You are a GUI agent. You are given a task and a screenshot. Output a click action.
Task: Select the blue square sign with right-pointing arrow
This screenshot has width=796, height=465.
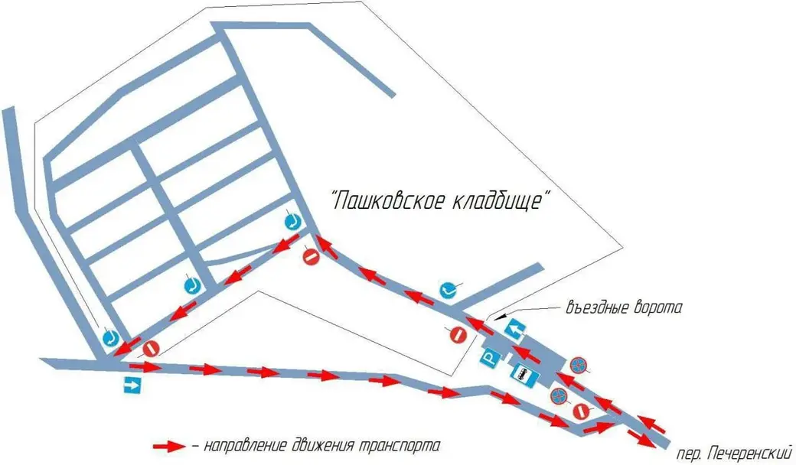click(x=133, y=385)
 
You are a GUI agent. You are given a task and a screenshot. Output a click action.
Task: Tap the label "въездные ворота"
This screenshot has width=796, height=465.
click(x=623, y=309)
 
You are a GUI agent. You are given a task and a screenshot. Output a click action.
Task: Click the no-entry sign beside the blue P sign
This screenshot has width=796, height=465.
click(x=457, y=334)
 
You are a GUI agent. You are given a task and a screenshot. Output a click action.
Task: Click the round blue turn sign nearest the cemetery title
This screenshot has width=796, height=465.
click(x=448, y=289)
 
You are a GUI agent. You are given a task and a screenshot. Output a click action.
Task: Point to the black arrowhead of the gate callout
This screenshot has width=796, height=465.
click(x=498, y=315)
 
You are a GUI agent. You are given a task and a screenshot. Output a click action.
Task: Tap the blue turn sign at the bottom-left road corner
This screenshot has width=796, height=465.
click(x=111, y=337)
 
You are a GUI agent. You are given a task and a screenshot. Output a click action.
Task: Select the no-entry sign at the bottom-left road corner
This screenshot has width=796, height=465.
click(x=151, y=349)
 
